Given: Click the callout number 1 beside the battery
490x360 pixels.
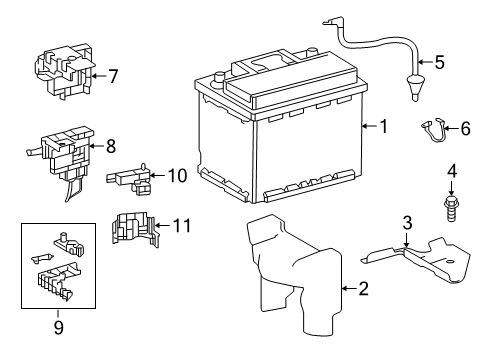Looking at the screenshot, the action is (x=384, y=126).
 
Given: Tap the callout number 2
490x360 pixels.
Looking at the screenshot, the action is (x=363, y=288).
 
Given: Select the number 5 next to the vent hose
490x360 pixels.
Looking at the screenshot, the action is (x=440, y=62).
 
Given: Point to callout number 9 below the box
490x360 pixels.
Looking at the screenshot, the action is (x=58, y=327).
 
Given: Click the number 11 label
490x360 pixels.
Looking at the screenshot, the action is (x=182, y=225).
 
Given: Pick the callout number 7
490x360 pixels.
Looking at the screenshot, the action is (x=113, y=76).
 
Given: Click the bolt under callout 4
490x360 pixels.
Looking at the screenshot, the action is (x=451, y=209).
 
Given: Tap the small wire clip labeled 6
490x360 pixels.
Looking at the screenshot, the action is (x=432, y=131).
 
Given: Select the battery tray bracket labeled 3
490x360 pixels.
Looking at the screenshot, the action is (x=417, y=259).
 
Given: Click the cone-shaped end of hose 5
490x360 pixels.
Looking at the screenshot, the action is (x=414, y=88).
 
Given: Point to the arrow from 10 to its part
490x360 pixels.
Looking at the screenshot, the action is (x=157, y=175).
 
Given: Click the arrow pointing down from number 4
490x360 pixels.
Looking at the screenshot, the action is (x=451, y=188).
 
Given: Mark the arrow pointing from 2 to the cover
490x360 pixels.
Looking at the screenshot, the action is (x=349, y=288).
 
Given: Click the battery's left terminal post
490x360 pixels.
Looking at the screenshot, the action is (x=219, y=78).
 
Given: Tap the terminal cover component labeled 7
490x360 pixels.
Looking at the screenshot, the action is (x=63, y=71).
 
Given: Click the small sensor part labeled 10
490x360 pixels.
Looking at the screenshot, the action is (x=128, y=178).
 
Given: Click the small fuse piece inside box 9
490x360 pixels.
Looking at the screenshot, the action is (x=42, y=258).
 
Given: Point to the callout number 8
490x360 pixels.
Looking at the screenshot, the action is (x=111, y=146).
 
